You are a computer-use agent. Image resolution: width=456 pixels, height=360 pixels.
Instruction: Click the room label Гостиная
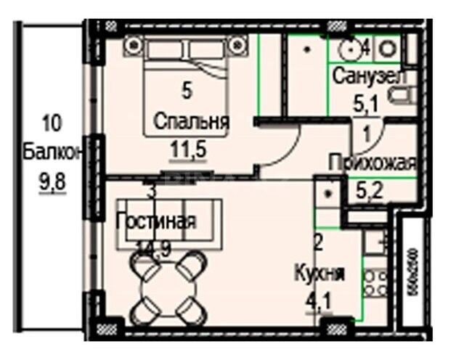(155, 221)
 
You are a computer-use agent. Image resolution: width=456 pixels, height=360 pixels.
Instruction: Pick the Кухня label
(319, 274)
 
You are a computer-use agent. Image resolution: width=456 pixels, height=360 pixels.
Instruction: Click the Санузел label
(369, 75)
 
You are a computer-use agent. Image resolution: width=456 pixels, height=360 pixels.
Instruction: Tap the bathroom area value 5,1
(365, 103)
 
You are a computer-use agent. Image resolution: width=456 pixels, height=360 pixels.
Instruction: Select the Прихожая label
(372, 163)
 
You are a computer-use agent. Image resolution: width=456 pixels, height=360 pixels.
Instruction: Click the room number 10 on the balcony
(52, 120)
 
